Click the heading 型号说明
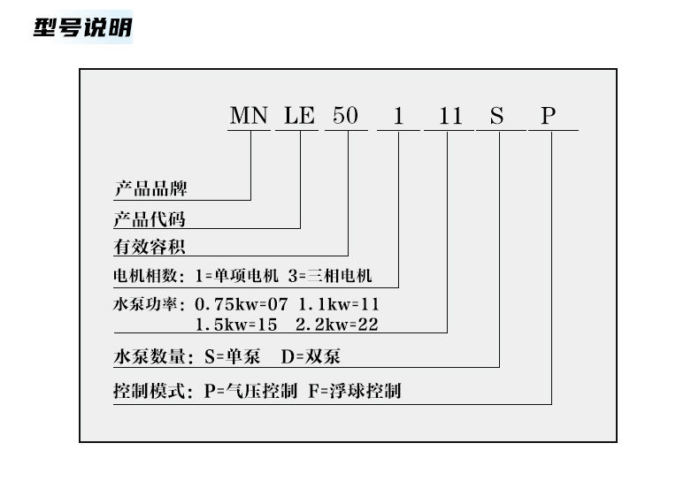pos(82,27)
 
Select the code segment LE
pos(299,116)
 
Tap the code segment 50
pos(346,116)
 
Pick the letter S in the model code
pos(498,116)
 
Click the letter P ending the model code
pos(549,116)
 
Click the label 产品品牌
pos(150,189)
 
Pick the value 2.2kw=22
pos(337,324)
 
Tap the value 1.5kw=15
pos(236,324)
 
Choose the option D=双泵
pos(311,357)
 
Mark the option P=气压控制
pos(250,391)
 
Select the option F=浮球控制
pos(355,391)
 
